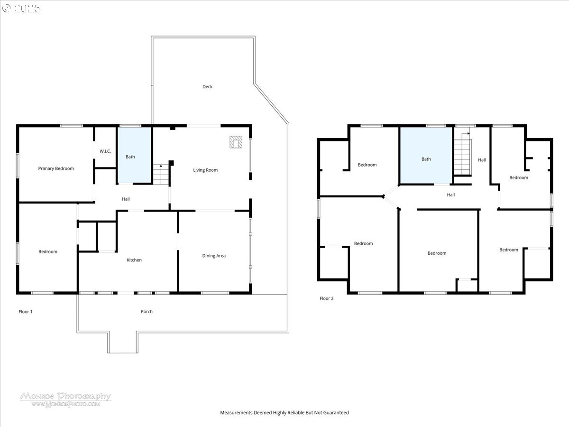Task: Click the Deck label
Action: point(207,87)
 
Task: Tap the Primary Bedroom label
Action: point(56,168)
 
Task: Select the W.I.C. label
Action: point(105,151)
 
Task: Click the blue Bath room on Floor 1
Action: point(135,155)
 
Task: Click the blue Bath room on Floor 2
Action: point(426,156)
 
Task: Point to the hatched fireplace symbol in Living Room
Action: point(236,142)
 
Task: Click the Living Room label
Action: point(205,170)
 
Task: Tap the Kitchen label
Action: point(134,260)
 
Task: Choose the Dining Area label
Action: point(214,256)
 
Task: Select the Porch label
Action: point(147,312)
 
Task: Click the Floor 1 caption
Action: point(26,312)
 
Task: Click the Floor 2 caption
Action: point(327,298)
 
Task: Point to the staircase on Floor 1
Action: point(161,175)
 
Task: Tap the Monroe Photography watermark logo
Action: point(65,399)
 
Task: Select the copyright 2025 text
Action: point(21,8)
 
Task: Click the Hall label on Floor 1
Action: point(126,199)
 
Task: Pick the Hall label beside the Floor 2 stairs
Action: point(482,160)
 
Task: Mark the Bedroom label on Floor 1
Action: point(48,252)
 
